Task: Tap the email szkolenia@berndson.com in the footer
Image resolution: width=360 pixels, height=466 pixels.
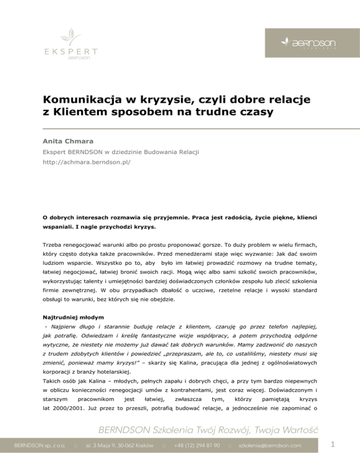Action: (x=270, y=444)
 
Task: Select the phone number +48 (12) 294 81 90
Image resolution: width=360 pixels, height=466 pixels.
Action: (x=197, y=444)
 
